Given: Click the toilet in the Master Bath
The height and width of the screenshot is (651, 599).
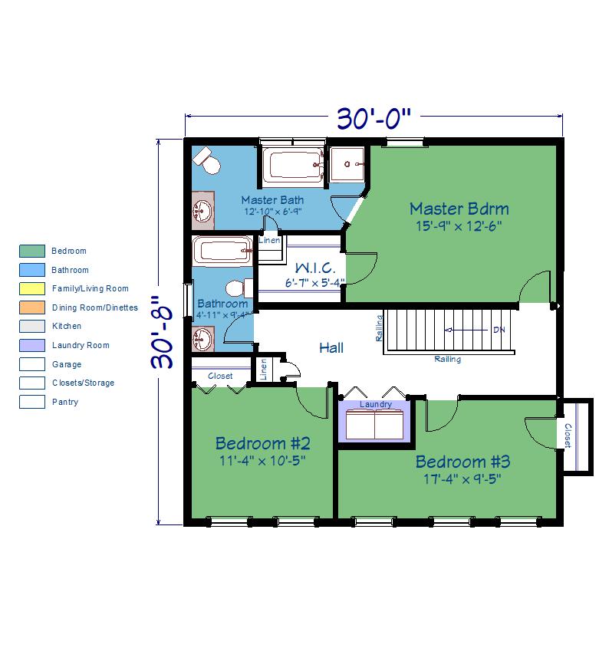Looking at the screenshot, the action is coord(207,160).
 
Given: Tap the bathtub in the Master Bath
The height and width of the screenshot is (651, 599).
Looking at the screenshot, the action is coord(293,165).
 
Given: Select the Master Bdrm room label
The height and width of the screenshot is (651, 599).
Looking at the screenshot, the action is coord(459,209).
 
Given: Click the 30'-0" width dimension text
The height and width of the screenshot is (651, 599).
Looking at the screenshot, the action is coord(374,118).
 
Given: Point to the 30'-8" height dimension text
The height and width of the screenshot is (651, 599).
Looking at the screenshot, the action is coord(162,332).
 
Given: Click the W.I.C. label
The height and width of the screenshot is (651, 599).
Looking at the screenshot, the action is coord(315,268).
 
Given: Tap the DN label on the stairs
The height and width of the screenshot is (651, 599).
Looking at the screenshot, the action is coord(499,330).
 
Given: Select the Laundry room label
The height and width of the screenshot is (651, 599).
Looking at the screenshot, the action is coord(376,404).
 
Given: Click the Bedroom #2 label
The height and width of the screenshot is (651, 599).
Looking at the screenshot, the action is coord(262,443).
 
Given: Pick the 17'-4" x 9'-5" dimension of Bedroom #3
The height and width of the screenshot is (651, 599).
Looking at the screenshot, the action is coord(462,479).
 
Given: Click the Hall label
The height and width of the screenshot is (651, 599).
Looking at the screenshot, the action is coord(331,347).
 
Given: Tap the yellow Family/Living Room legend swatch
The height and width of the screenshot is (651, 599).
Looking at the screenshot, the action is coord(32,288).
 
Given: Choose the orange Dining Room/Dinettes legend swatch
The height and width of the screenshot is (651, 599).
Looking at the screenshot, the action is coord(32,307).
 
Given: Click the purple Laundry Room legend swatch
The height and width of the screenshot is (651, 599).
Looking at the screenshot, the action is coord(32,345).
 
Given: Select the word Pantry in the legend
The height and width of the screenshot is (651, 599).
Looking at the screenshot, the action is coord(64,402).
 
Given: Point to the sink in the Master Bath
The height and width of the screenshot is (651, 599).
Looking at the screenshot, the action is coord(203,211).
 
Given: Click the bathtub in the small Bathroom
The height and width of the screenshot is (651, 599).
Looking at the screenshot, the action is coord(222,252).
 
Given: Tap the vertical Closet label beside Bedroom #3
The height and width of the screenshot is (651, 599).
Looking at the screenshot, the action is coord(568,436).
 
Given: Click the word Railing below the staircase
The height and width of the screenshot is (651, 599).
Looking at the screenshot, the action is coord(447,359).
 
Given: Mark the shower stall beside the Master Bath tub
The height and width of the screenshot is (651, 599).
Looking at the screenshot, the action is coord(347,164).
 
